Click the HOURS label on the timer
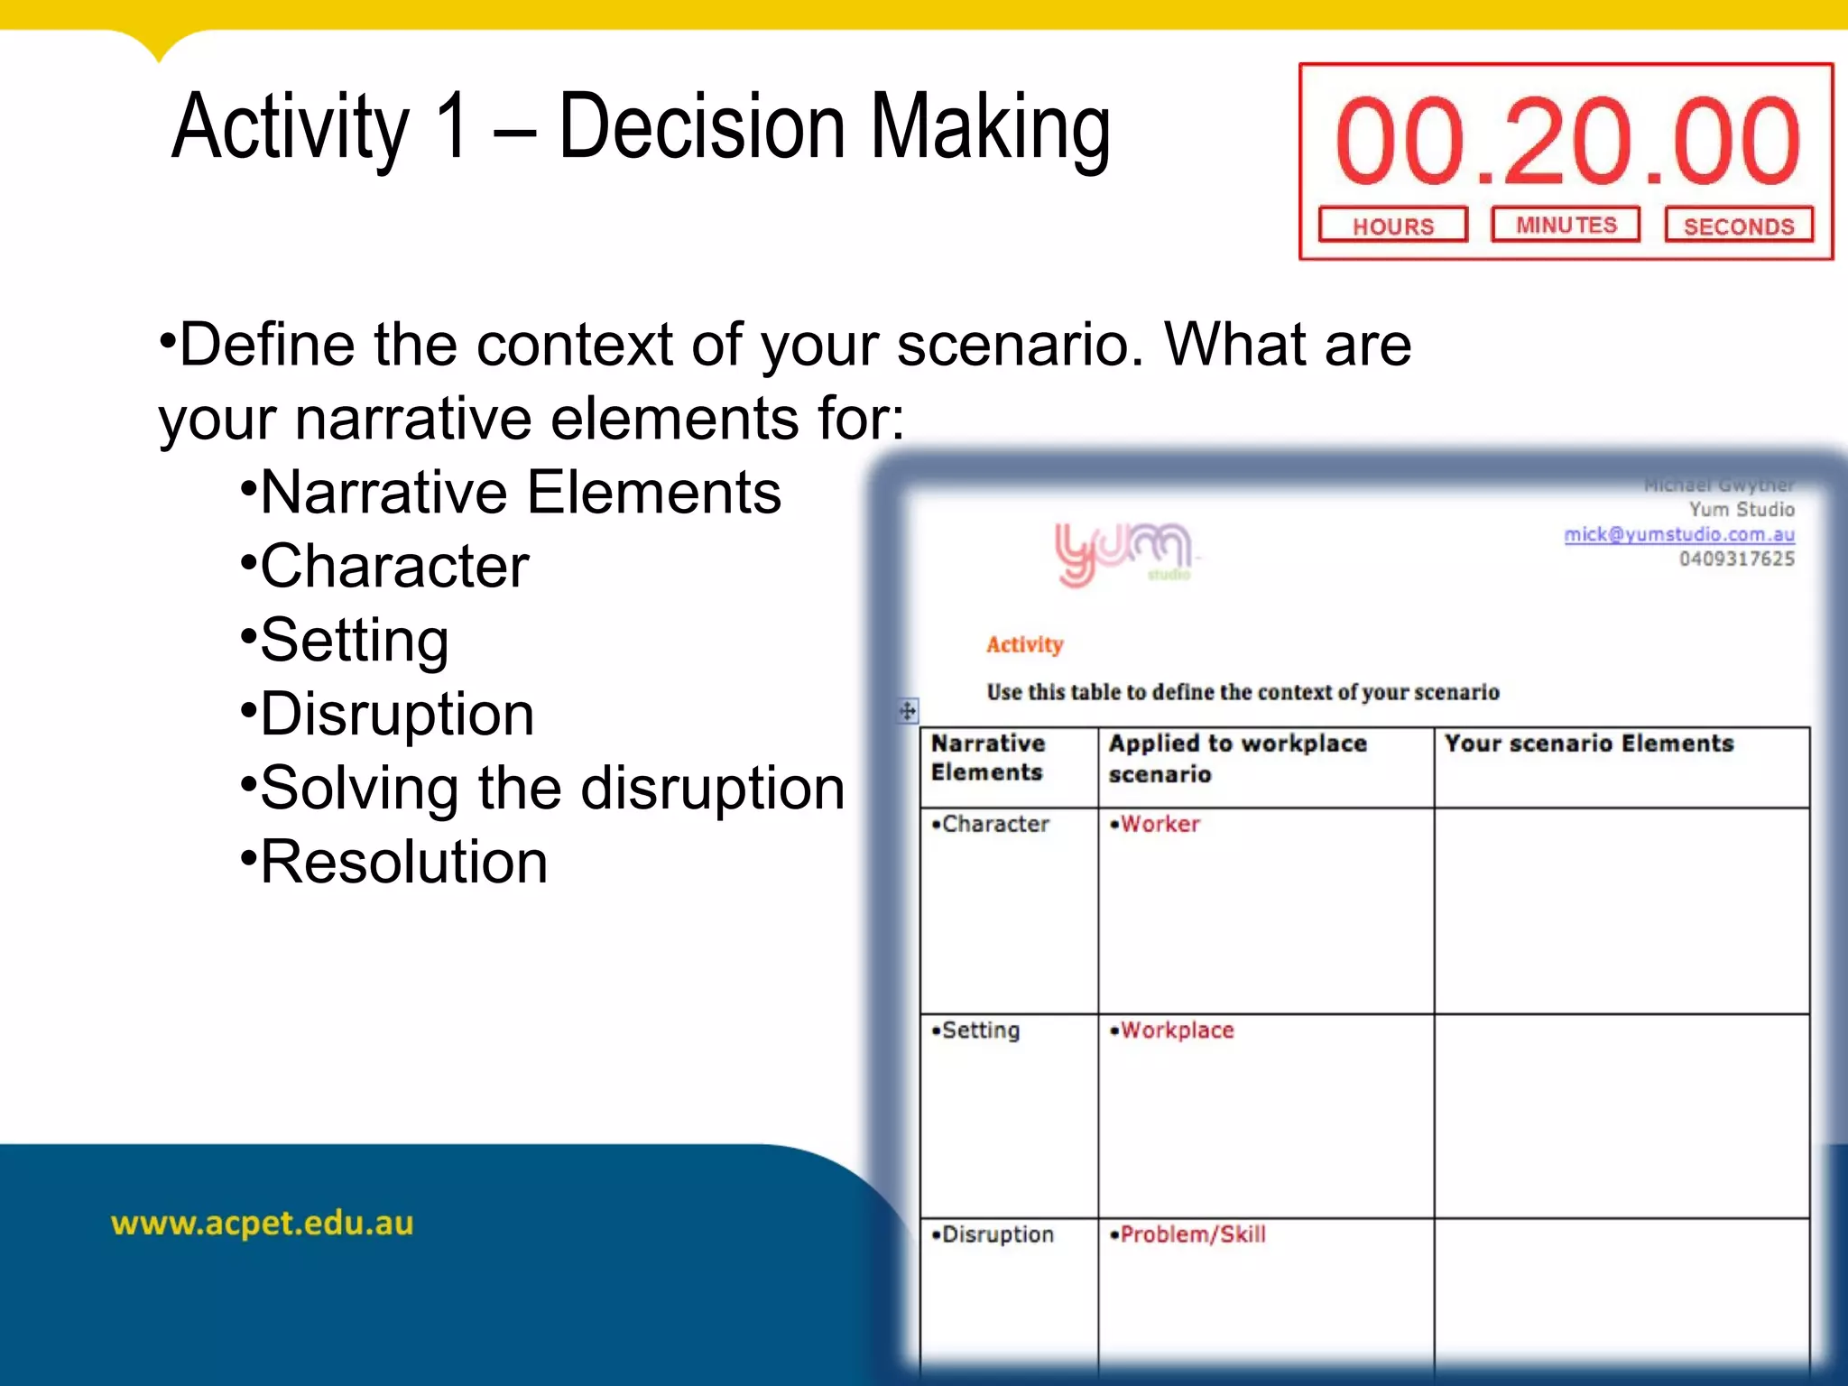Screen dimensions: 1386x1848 (1392, 226)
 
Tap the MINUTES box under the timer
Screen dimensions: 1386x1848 (1566, 225)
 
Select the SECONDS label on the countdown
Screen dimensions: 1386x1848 (1739, 226)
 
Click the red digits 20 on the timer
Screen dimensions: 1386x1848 (1568, 142)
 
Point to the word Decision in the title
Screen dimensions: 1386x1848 (701, 127)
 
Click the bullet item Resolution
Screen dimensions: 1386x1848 (403, 862)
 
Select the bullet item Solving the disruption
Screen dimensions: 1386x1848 (551, 788)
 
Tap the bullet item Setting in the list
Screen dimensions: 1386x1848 (354, 640)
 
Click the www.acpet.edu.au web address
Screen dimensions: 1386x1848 (262, 1223)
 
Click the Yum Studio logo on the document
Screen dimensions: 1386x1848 (1123, 552)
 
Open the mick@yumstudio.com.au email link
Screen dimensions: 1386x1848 (1678, 534)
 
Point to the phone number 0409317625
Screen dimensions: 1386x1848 (1736, 559)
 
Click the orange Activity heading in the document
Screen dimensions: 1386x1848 (1024, 644)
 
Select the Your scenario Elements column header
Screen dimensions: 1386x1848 (1588, 744)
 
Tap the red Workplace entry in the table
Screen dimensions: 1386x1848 (1176, 1030)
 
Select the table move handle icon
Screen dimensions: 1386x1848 (908, 711)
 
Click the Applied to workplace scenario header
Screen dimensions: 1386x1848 (1237, 758)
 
